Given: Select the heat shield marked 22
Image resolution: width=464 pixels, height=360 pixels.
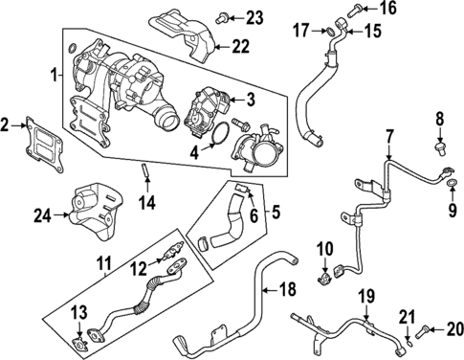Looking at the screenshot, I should click(186, 33).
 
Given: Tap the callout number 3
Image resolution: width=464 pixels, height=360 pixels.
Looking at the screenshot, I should click(251, 100).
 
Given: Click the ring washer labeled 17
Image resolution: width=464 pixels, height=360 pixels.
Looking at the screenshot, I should click(331, 34).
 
